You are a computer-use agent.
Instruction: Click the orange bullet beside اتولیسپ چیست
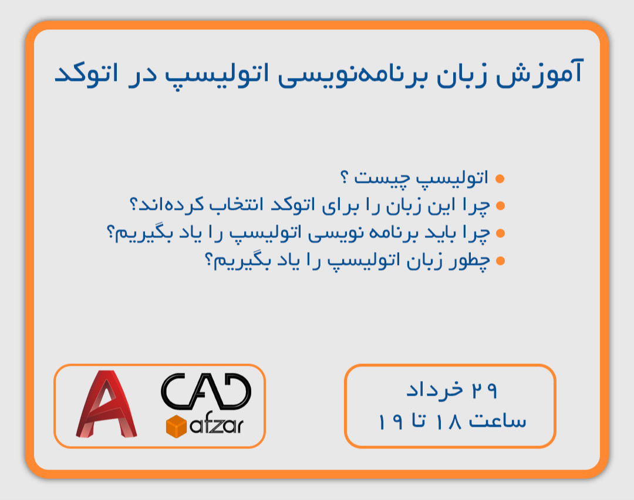point(500,178)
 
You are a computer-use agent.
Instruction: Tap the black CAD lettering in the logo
point(205,392)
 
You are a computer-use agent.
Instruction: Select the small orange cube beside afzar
point(176,425)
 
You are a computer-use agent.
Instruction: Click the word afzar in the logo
point(217,426)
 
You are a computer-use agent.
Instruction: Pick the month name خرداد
point(433,390)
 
